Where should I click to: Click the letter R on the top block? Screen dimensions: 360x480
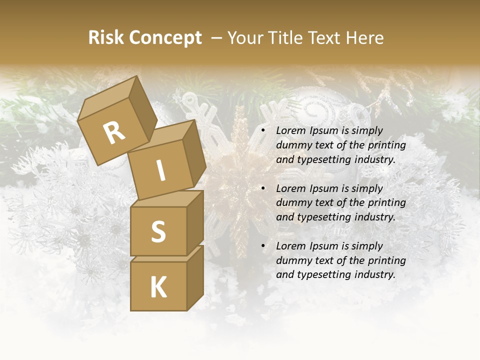pos(114,133)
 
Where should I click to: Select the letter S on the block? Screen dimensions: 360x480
pos(158,231)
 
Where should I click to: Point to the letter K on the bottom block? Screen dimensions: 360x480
pos(158,288)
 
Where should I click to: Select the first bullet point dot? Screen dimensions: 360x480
pos(263,131)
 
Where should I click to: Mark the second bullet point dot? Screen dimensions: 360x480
pos(263,189)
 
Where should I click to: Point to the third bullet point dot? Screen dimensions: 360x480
pos(263,246)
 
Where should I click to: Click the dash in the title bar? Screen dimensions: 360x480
pos(217,38)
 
